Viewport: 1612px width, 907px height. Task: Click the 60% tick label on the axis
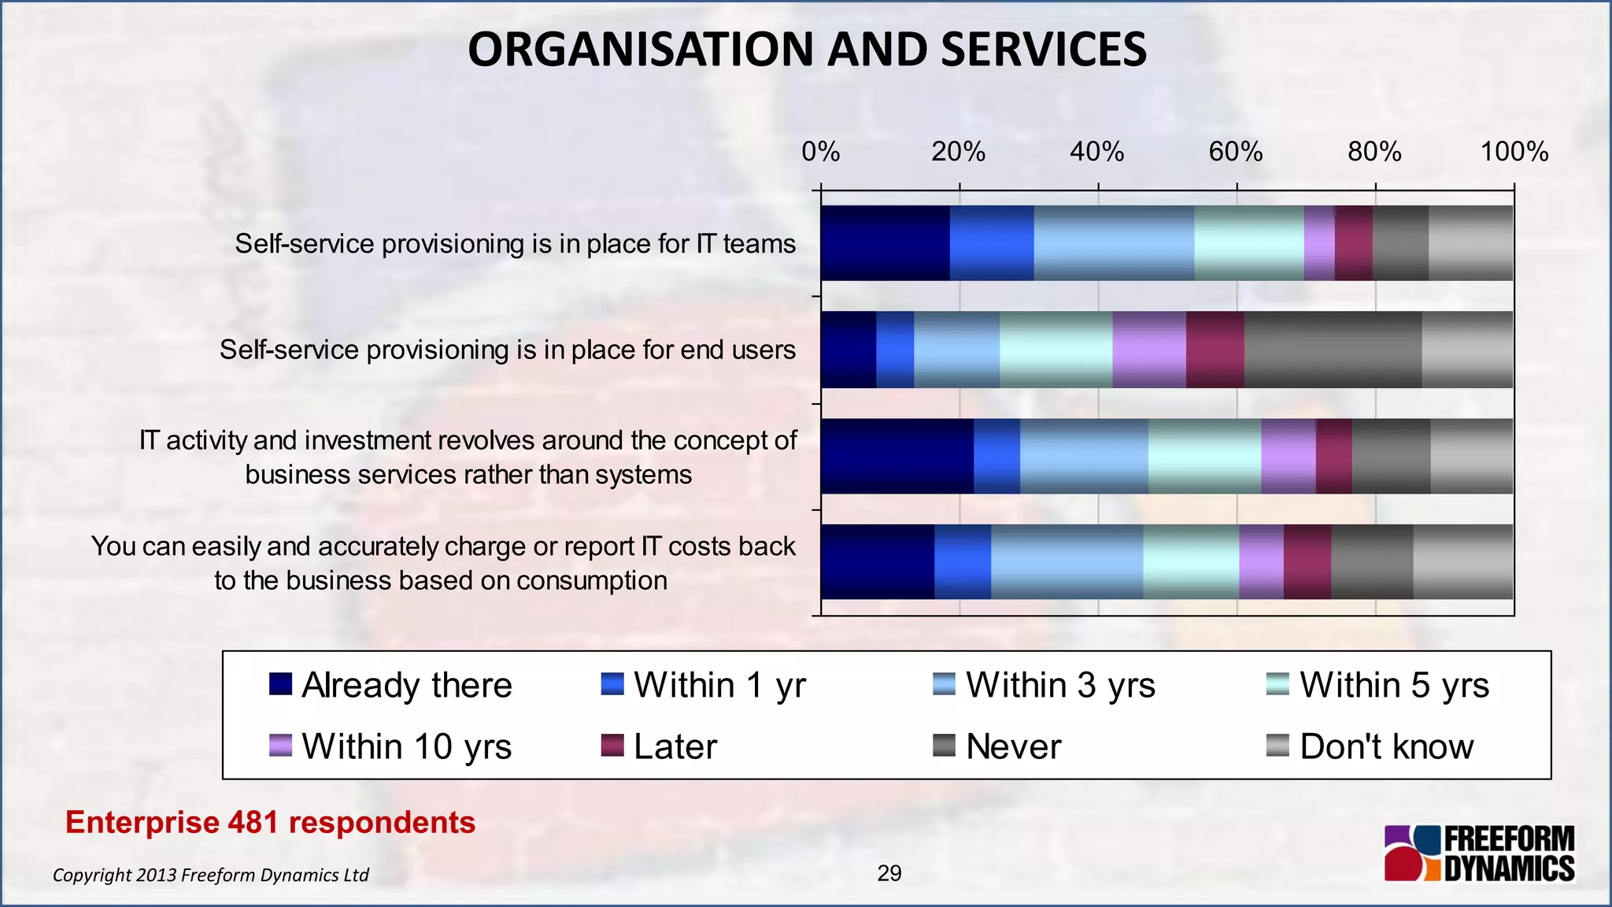click(1235, 152)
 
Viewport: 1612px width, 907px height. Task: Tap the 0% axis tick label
click(820, 152)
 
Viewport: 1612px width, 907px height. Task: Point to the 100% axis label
click(1514, 152)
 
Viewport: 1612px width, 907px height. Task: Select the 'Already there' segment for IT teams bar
click(885, 243)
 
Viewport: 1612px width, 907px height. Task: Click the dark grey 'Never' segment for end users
click(1333, 350)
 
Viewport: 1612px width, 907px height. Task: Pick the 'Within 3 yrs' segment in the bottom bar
click(1067, 562)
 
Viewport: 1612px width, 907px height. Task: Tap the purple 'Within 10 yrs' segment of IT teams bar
click(1318, 243)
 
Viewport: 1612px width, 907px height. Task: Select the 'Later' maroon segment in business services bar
click(1333, 456)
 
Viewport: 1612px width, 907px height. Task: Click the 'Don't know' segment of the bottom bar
click(1462, 562)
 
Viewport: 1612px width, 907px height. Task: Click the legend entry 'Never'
click(1013, 746)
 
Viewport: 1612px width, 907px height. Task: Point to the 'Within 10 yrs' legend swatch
click(280, 746)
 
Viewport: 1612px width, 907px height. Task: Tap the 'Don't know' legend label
click(1386, 746)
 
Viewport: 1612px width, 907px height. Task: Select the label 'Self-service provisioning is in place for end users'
click(507, 350)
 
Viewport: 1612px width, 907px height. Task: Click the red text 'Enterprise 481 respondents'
click(270, 822)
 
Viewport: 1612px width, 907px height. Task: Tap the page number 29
click(889, 873)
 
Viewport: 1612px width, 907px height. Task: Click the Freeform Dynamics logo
click(1479, 853)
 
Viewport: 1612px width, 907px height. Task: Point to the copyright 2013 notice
click(210, 875)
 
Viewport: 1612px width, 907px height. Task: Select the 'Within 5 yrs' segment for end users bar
click(1056, 350)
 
